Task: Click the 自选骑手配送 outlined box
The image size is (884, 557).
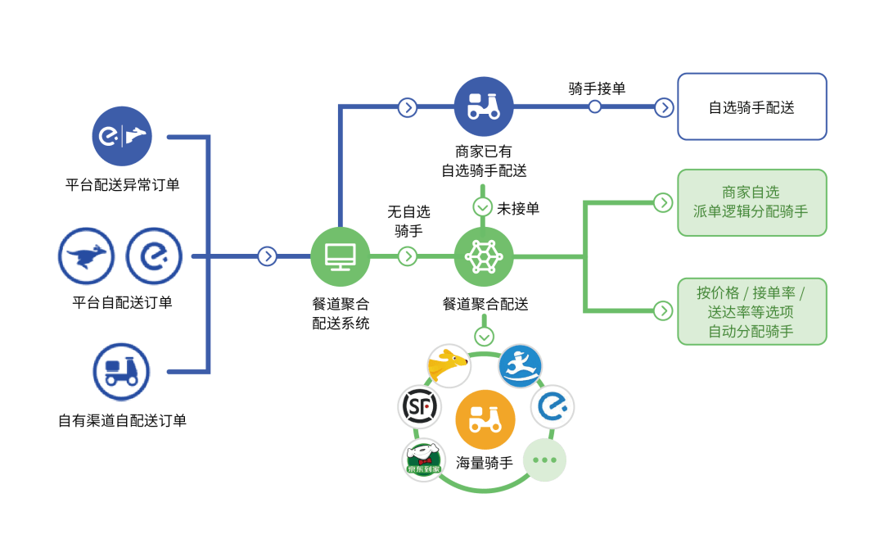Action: [x=752, y=106]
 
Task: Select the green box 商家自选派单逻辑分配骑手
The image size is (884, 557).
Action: [x=752, y=202]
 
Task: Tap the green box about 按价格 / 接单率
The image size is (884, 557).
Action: [x=752, y=311]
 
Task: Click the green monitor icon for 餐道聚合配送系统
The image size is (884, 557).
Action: [x=341, y=256]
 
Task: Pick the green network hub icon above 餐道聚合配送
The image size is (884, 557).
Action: [x=484, y=256]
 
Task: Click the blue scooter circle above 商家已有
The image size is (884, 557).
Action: [x=484, y=106]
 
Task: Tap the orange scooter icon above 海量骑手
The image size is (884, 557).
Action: [x=485, y=419]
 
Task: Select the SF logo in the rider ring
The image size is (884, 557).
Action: [x=419, y=406]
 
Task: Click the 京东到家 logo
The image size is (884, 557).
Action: [x=423, y=460]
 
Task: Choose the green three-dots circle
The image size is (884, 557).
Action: [x=544, y=460]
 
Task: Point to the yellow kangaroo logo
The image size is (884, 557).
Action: [x=449, y=365]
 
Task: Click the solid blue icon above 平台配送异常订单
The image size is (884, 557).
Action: [x=122, y=136]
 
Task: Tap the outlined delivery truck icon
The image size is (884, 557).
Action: [x=121, y=371]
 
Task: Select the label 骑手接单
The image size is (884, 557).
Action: [x=597, y=88]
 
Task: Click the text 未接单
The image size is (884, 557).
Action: [x=518, y=209]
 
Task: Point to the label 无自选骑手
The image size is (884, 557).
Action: [x=408, y=221]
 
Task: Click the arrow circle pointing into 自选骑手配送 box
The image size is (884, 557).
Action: [x=664, y=107]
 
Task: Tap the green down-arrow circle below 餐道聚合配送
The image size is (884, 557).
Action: [x=484, y=337]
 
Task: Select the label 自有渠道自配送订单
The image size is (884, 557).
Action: [x=122, y=420]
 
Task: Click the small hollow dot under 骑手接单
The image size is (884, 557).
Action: [x=594, y=106]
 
